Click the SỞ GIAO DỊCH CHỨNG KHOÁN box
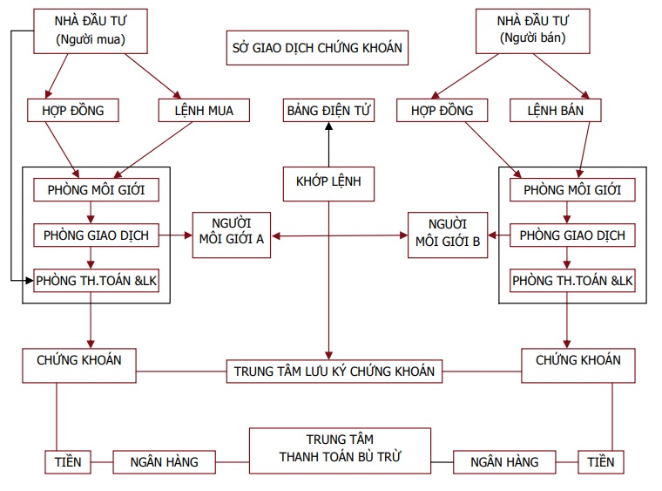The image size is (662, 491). click(316, 48)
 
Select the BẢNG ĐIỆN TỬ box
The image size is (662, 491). click(329, 111)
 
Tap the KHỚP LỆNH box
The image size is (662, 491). click(328, 183)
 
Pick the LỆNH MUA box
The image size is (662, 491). click(203, 111)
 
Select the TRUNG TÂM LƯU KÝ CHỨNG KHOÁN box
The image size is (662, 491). click(334, 372)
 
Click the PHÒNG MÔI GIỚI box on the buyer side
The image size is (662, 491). click(95, 189)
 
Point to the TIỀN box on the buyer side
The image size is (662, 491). click(67, 461)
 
